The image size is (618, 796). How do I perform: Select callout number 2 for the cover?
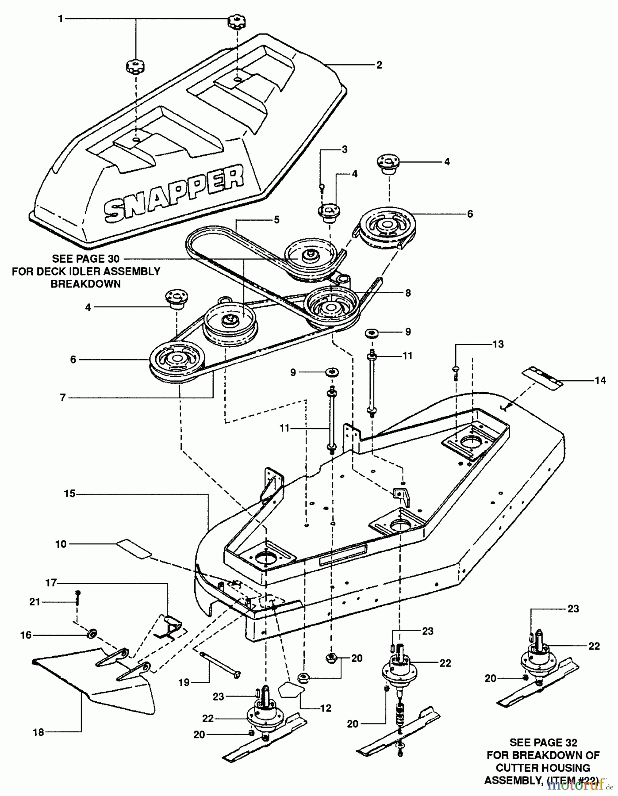click(379, 65)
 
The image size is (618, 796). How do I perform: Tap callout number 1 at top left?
click(61, 19)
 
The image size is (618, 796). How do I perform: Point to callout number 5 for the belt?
click(276, 220)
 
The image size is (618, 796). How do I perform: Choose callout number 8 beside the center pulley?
click(407, 293)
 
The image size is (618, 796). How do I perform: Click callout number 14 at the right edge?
click(600, 380)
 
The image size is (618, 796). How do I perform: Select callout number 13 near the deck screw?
click(498, 344)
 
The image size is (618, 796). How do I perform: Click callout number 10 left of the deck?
click(61, 544)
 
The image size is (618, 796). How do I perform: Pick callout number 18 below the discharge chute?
click(39, 732)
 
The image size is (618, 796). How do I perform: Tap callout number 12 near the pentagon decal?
click(326, 708)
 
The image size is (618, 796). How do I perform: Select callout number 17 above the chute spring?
click(52, 583)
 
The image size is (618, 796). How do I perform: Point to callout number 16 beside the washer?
click(26, 635)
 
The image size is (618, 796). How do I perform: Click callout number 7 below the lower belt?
click(63, 398)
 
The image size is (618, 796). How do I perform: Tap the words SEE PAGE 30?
click(86, 259)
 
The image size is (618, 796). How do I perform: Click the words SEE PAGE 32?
click(543, 742)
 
